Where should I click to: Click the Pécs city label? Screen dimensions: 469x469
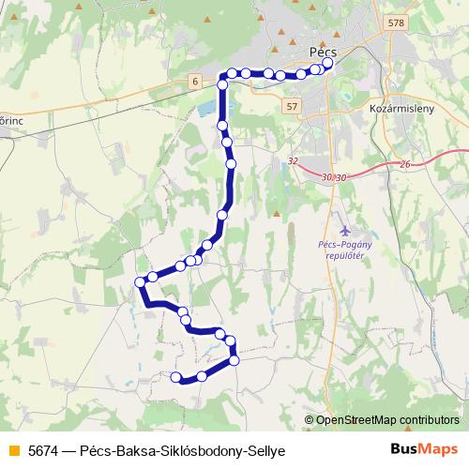pyautogui.click(x=322, y=53)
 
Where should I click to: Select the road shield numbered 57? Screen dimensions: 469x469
pyautogui.click(x=293, y=106)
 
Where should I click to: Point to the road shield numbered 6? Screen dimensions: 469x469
pyautogui.click(x=194, y=82)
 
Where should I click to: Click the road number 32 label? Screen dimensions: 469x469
pyautogui.click(x=294, y=161)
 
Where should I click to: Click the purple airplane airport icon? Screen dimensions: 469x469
pyautogui.click(x=345, y=230)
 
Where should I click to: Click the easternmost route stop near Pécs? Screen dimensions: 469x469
pyautogui.click(x=327, y=65)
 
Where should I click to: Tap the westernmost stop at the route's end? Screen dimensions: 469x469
pyautogui.click(x=175, y=377)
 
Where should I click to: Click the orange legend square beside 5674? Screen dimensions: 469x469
pyautogui.click(x=12, y=450)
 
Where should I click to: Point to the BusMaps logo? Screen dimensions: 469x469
pyautogui.click(x=424, y=449)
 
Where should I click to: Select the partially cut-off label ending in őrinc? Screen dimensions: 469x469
pyautogui.click(x=10, y=120)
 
